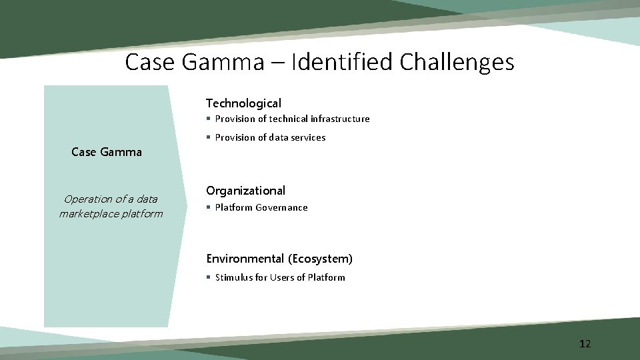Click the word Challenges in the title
pyautogui.click(x=457, y=63)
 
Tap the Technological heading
pyautogui.click(x=243, y=103)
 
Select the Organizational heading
pyautogui.click(x=245, y=191)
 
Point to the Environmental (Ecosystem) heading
pyautogui.click(x=279, y=259)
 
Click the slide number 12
pyautogui.click(x=585, y=344)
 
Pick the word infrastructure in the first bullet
pyautogui.click(x=340, y=119)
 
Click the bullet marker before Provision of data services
pyautogui.click(x=209, y=137)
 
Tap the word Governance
pyautogui.click(x=285, y=207)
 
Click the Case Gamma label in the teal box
pyautogui.click(x=107, y=152)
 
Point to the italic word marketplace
pyautogui.click(x=89, y=214)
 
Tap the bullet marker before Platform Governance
pyautogui.click(x=209, y=207)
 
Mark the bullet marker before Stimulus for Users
pyautogui.click(x=209, y=277)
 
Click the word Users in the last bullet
pyautogui.click(x=283, y=277)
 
